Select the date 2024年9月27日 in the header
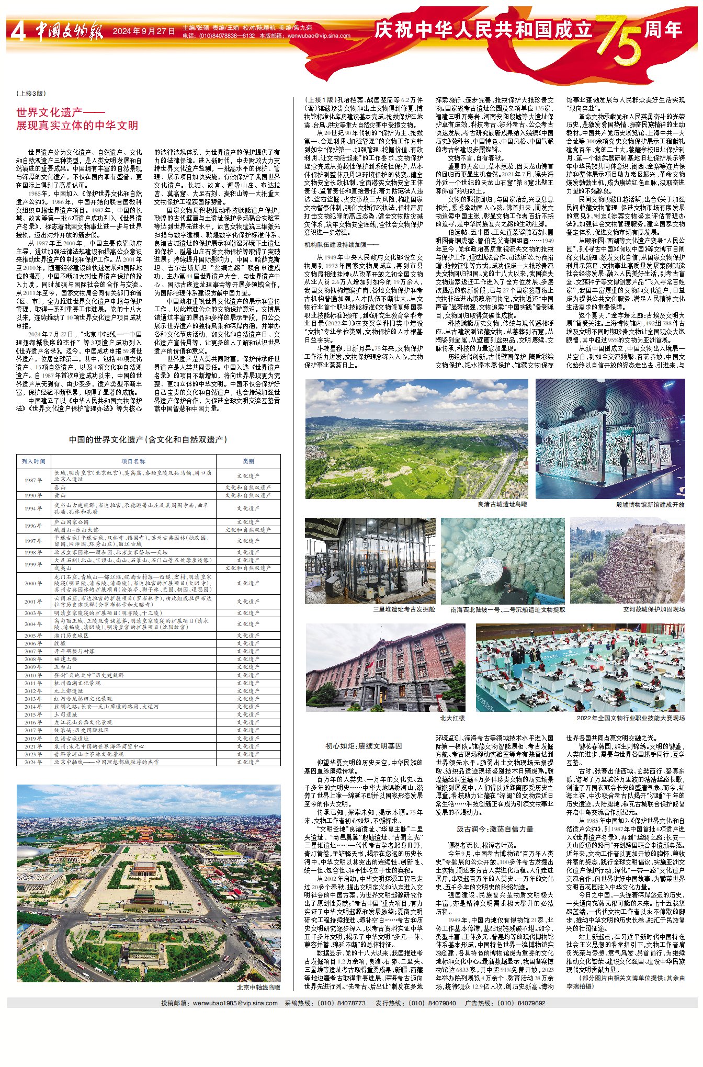pyautogui.click(x=144, y=31)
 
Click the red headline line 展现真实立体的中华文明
pyautogui.click(x=77, y=126)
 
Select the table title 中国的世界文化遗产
pyautogui.click(x=148, y=440)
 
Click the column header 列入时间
pyautogui.click(x=34, y=461)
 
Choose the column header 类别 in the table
pyautogui.click(x=248, y=461)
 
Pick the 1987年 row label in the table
pyautogui.click(x=34, y=480)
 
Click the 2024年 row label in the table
pyautogui.click(x=34, y=762)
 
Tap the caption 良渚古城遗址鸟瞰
pyautogui.click(x=502, y=504)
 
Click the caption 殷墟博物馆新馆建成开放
pyautogui.click(x=650, y=505)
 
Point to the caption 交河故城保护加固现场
pyautogui.click(x=654, y=609)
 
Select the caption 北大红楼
pyautogui.click(x=452, y=718)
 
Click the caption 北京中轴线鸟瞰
pyautogui.click(x=258, y=987)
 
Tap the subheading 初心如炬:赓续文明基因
pyautogui.click(x=364, y=746)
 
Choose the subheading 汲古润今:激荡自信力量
pyautogui.click(x=495, y=829)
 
